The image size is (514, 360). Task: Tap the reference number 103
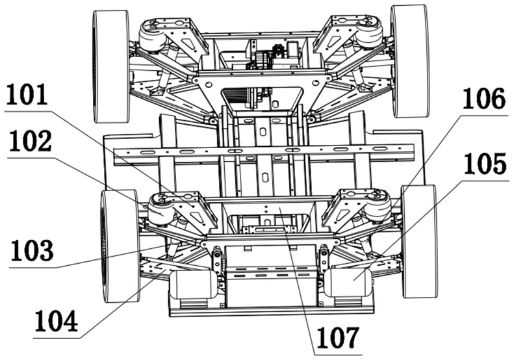pos(32,251)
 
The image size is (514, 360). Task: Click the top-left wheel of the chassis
pos(112,66)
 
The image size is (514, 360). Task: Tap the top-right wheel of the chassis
pos(410,62)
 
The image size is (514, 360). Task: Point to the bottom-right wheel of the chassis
pos(419,241)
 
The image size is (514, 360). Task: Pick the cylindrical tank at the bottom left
pos(194,284)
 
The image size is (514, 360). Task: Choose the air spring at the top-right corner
pos(370,32)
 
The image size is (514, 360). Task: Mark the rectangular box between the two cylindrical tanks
pos(271,276)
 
